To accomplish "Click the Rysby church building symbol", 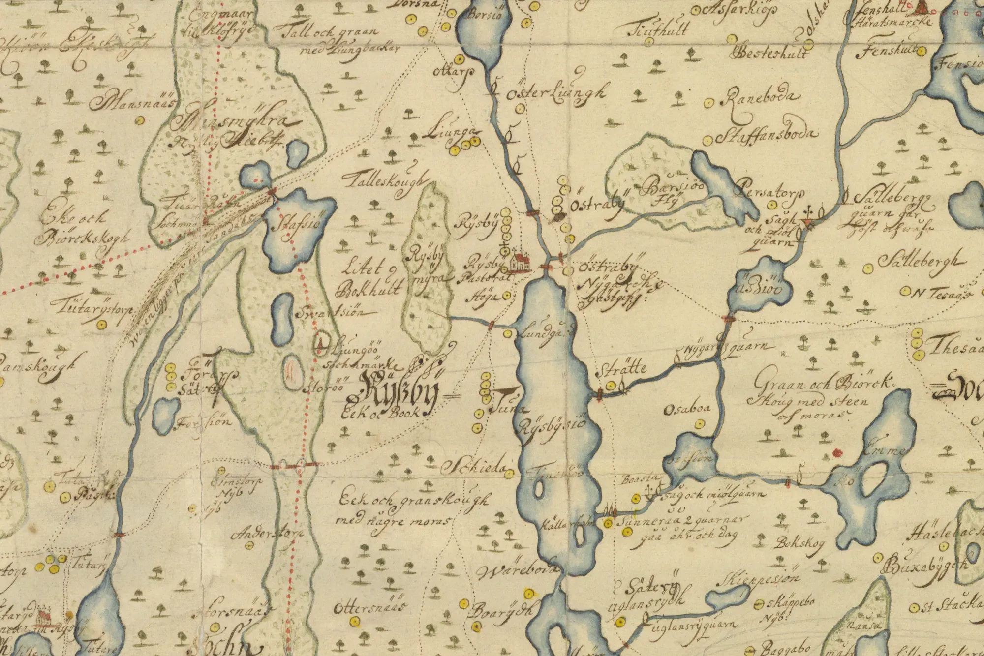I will (x=520, y=263).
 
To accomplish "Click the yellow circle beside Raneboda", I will (x=709, y=103).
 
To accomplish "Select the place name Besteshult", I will (x=770, y=52).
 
